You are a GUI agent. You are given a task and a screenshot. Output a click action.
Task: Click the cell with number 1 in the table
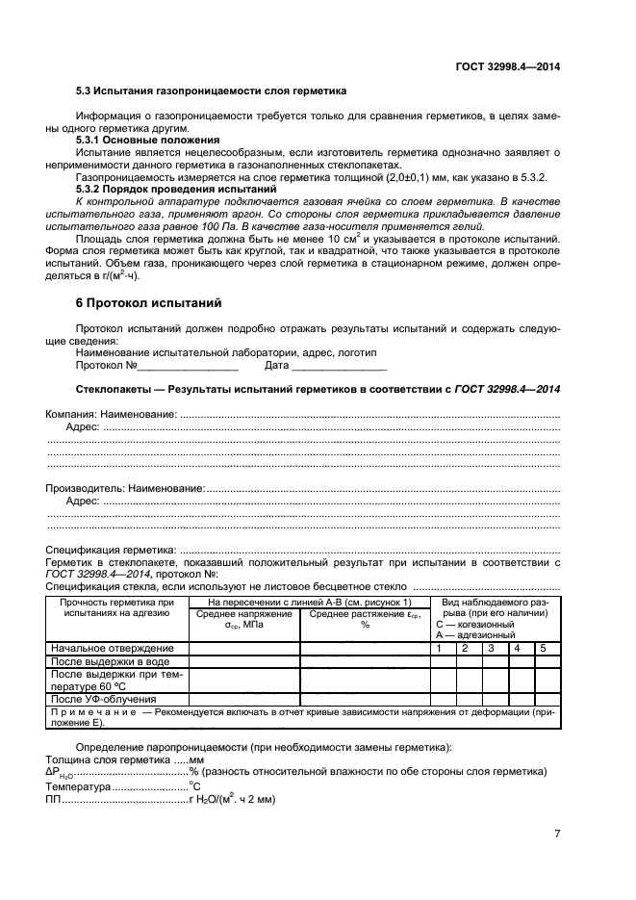click(439, 649)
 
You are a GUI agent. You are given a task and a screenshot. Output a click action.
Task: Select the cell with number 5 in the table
click(543, 649)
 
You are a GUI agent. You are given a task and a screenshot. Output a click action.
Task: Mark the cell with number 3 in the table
click(491, 649)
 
